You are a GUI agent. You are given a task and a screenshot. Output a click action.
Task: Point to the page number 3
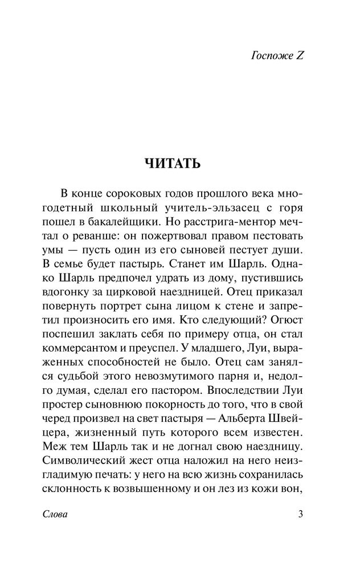tap(300, 515)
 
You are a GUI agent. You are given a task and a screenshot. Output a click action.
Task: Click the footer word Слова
tap(55, 515)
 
